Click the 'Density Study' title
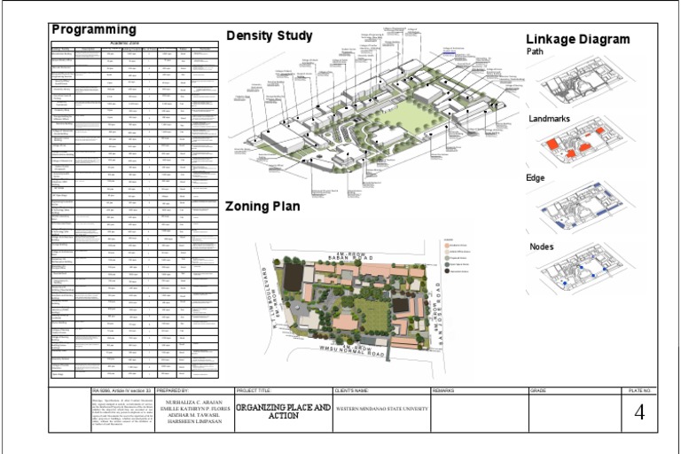pos(269,36)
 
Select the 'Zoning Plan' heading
pos(262,207)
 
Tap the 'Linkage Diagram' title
pos(577,39)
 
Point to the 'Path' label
pos(535,51)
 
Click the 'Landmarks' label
pos(550,118)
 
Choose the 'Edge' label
pos(536,178)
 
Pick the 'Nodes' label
pos(542,246)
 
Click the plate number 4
pos(638,412)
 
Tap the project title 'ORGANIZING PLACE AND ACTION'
pos(283,411)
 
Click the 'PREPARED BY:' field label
pos(172,390)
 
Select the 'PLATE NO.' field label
pos(639,390)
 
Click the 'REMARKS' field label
pos(444,390)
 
